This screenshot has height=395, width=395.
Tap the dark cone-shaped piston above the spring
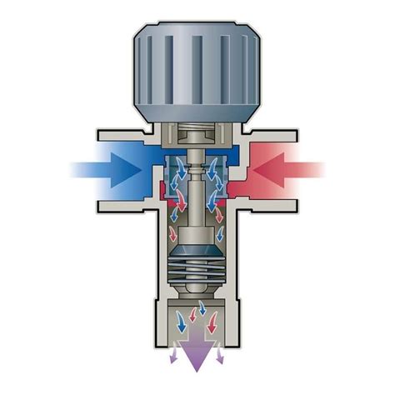[x=197, y=247]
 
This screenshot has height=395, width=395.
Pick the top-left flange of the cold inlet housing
[x=125, y=133]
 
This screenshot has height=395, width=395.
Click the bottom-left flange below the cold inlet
[x=125, y=204]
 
